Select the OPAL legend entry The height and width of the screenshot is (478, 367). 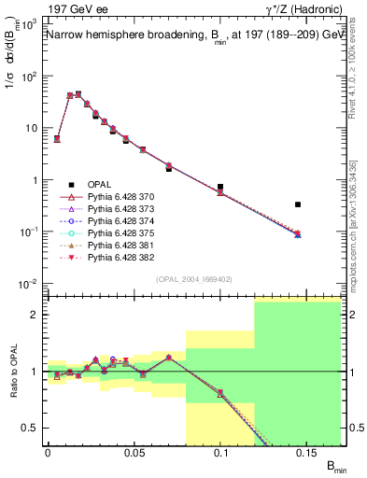(99, 187)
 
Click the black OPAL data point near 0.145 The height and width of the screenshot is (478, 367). (298, 204)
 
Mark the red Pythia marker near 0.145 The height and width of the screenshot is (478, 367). (298, 233)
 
